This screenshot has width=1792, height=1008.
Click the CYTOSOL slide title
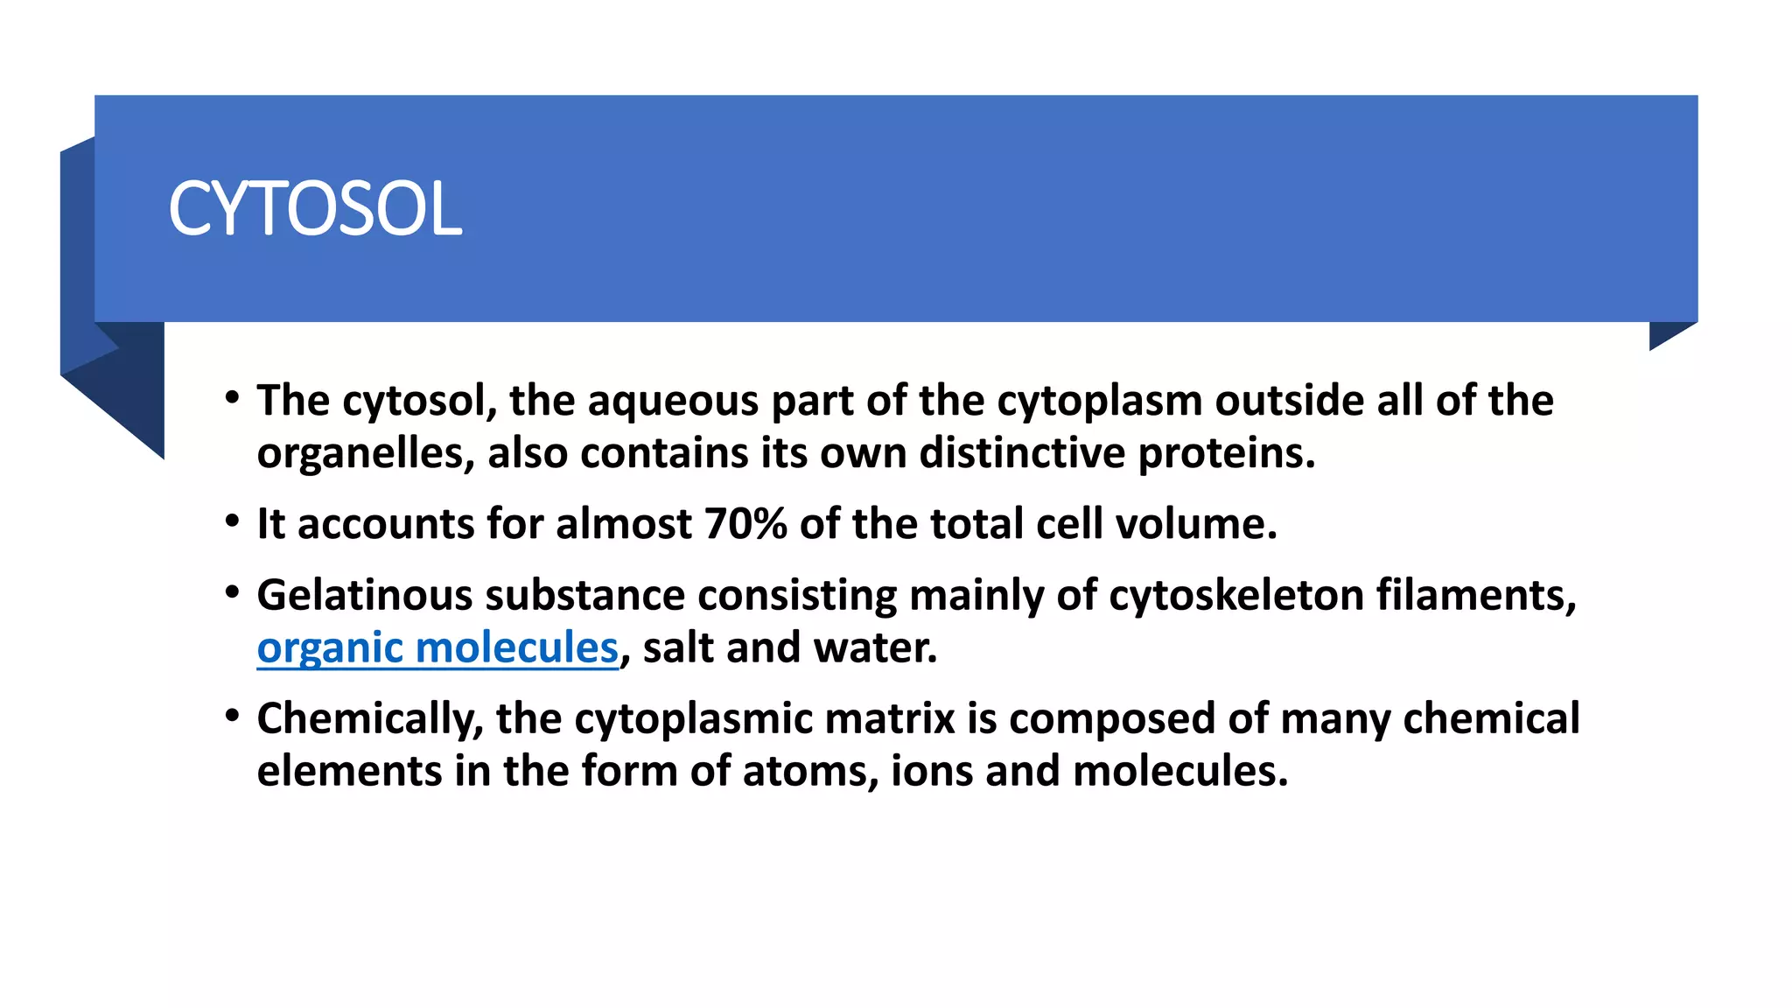coord(315,209)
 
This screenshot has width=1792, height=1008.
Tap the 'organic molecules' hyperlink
coord(437,648)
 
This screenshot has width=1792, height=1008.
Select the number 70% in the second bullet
coord(745,524)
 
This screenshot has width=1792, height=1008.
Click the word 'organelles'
coord(366,454)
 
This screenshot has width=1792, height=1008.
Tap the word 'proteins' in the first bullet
coord(1226,454)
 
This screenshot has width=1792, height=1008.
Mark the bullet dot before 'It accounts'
coord(232,521)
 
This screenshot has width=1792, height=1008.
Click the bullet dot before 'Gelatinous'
coord(232,592)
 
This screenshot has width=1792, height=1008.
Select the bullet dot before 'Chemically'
coord(232,716)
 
